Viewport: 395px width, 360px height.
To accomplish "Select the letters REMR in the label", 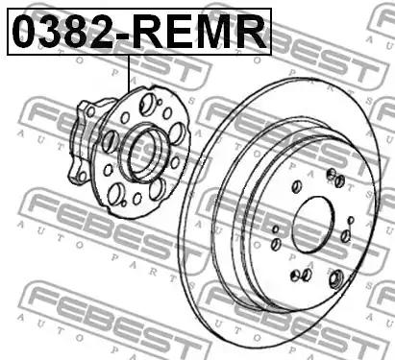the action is coord(199,32).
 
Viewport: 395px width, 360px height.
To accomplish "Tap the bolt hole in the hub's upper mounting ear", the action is coord(91,111).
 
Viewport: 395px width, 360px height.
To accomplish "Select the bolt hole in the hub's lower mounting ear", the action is coord(83,176).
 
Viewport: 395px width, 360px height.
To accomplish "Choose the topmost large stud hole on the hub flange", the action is coord(146,104).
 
